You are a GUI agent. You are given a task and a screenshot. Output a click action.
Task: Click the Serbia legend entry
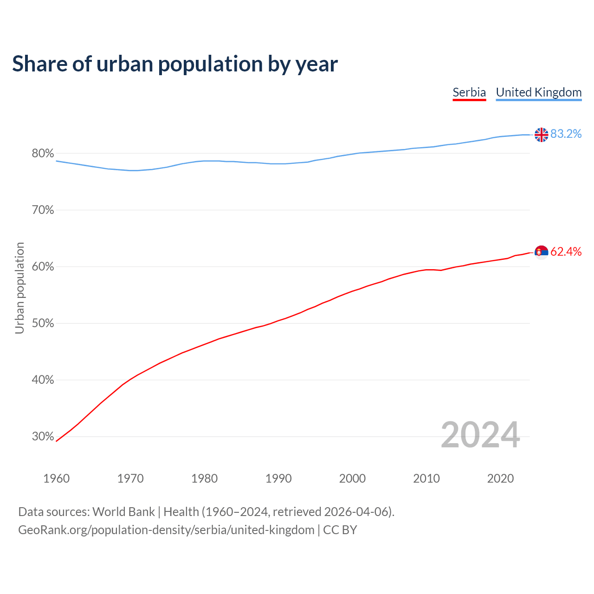(x=469, y=92)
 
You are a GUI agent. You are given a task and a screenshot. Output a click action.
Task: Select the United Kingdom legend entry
(x=538, y=92)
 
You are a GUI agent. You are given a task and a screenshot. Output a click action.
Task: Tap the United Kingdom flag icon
(x=541, y=135)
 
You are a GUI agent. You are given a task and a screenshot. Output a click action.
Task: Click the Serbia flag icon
(x=541, y=252)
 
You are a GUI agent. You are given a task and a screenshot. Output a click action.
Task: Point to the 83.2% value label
(x=566, y=134)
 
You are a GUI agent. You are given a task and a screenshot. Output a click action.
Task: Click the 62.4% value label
(x=566, y=252)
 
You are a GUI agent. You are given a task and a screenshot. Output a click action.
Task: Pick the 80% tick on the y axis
(x=43, y=154)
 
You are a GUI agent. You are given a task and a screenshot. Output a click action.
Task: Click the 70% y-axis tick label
(x=43, y=210)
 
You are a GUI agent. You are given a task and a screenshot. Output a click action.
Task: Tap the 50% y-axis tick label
(x=43, y=323)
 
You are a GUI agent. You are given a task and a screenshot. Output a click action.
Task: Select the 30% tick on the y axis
(x=43, y=437)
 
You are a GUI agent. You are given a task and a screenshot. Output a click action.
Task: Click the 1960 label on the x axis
(x=56, y=478)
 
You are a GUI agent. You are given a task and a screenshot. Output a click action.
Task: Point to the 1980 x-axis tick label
(x=204, y=478)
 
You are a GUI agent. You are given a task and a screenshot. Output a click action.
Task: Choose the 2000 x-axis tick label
(x=352, y=478)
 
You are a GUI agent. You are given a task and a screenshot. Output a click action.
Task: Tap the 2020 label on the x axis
(x=500, y=478)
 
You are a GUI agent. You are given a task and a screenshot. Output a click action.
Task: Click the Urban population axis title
(x=19, y=288)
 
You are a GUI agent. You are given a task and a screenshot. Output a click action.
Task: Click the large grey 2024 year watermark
(x=480, y=435)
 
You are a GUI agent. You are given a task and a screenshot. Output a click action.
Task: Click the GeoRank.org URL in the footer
(x=166, y=530)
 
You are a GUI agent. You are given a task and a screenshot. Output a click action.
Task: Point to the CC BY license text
(x=340, y=530)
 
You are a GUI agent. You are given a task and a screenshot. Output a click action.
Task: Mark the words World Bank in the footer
(x=123, y=512)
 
